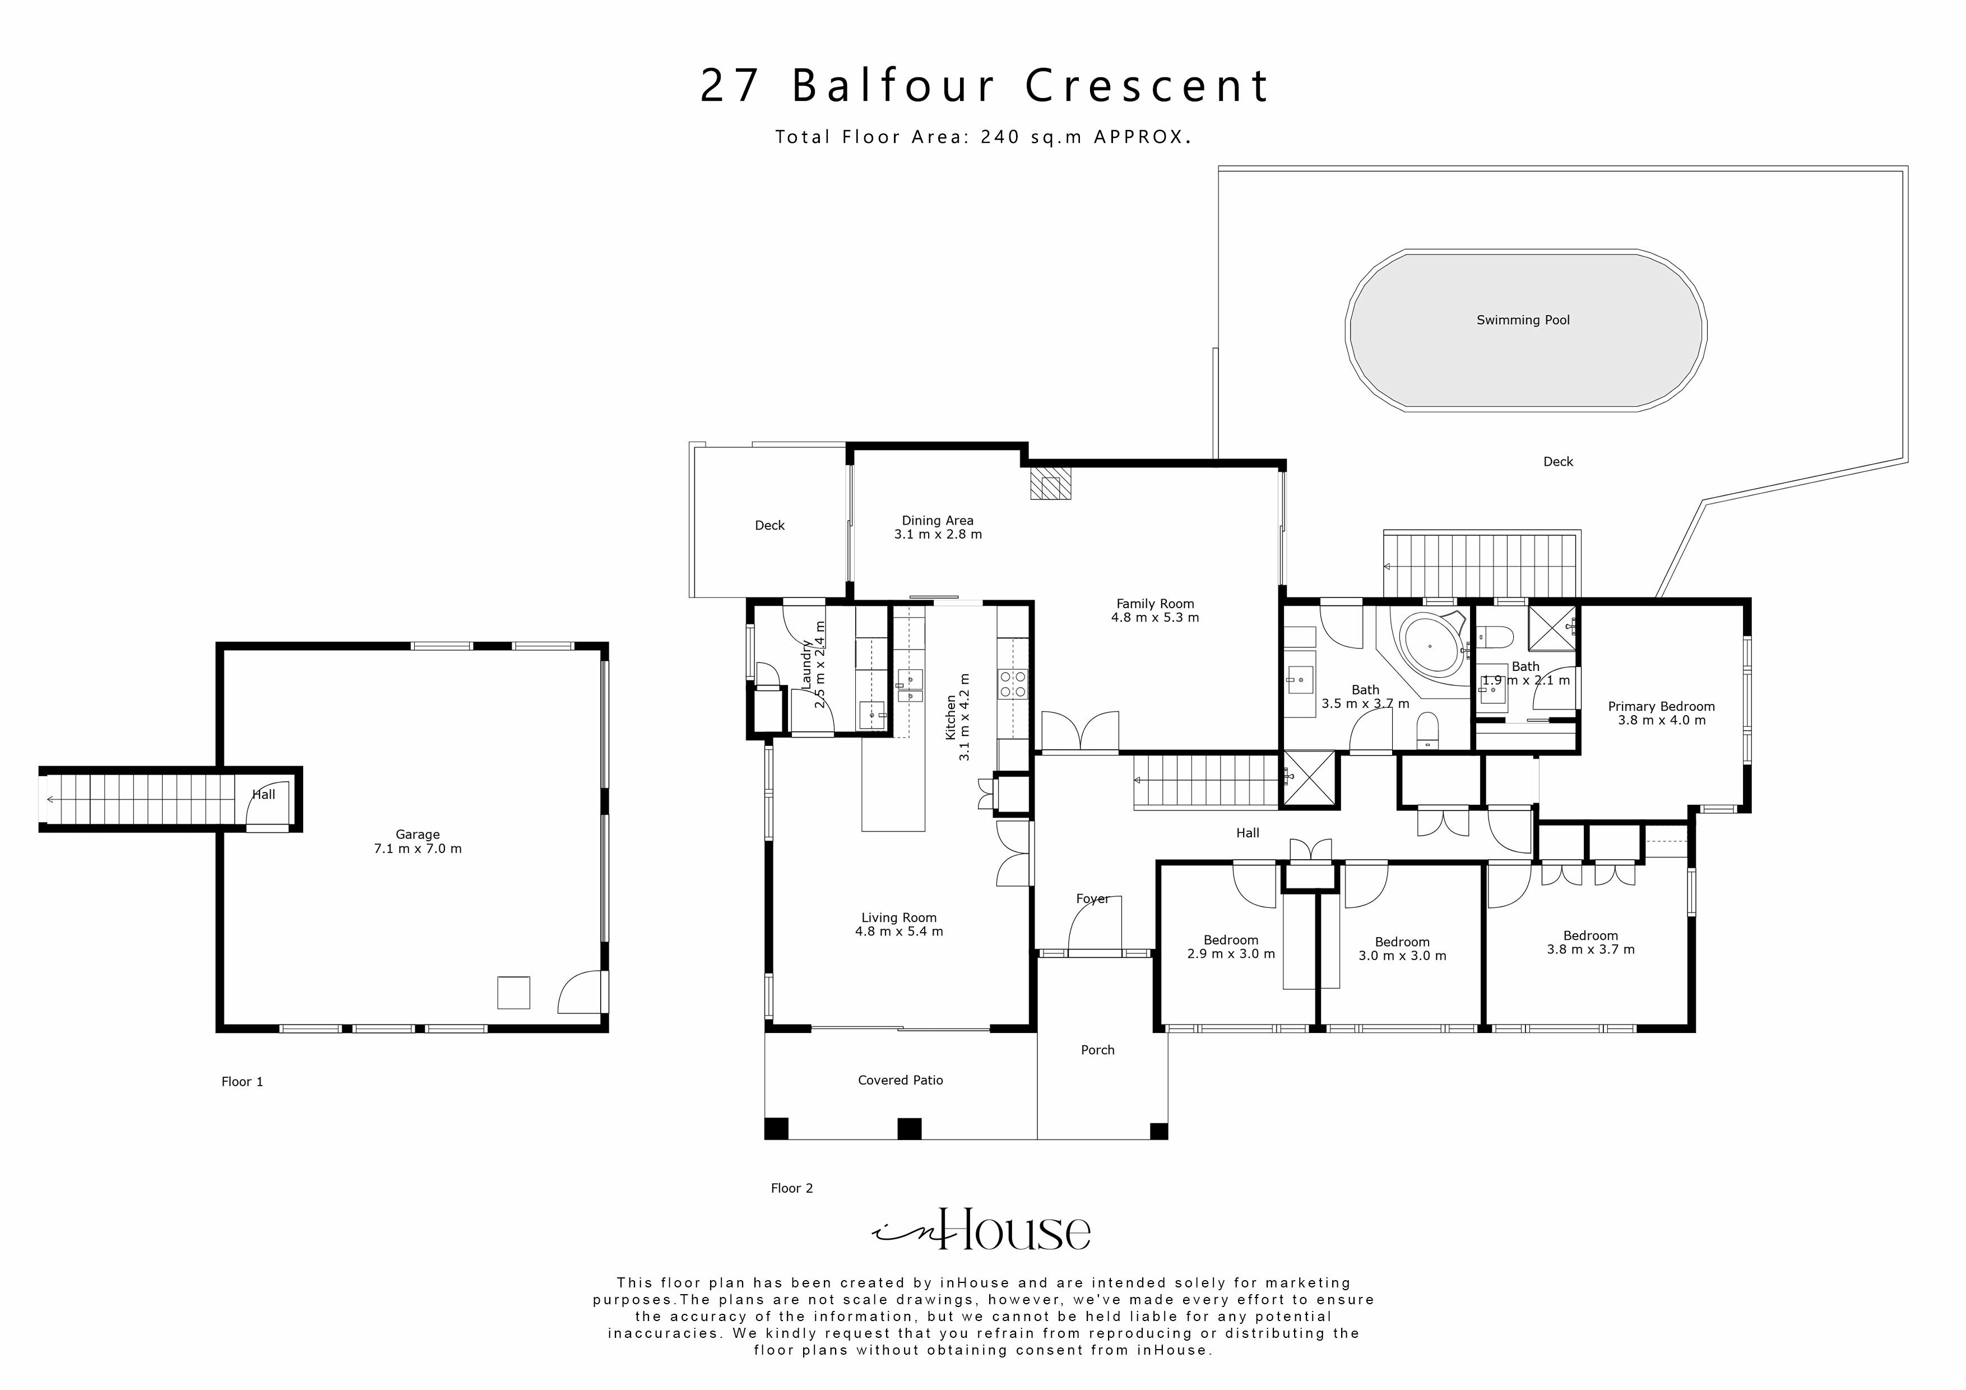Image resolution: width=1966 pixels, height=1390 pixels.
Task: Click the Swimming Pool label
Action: [1523, 320]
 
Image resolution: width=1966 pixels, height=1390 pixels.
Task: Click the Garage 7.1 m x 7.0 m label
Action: [418, 841]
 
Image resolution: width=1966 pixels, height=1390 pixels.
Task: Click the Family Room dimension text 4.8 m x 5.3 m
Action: [1154, 618]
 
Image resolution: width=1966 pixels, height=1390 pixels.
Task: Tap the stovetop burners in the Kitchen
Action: [1012, 683]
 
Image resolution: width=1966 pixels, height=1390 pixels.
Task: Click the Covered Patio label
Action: [900, 1081]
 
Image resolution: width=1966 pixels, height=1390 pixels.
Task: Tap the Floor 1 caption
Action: [242, 1082]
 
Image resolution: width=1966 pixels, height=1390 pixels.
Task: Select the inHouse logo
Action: [982, 1231]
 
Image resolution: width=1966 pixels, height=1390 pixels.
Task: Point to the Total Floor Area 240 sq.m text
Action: [983, 137]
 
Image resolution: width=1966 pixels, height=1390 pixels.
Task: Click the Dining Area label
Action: [936, 521]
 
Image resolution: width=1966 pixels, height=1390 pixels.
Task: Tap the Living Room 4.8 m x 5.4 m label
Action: [898, 924]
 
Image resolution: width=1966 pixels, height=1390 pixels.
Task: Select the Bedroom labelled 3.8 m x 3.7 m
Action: [1590, 942]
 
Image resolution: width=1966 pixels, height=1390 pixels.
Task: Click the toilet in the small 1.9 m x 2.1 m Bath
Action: [1497, 636]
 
